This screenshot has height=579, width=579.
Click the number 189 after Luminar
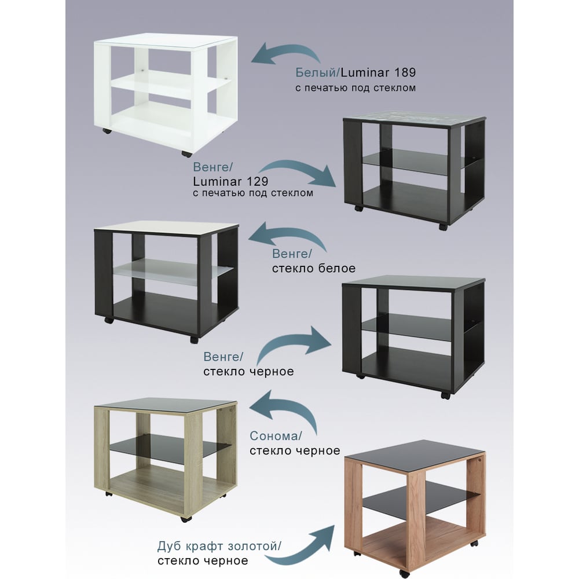405,72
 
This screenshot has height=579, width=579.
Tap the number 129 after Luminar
257,181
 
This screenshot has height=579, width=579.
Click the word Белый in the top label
317,72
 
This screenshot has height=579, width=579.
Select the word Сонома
274,436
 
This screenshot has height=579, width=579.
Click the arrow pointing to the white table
285,53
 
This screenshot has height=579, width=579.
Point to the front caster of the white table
186,153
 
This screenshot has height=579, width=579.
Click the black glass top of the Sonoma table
166,405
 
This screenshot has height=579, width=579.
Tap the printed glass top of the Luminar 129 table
415,119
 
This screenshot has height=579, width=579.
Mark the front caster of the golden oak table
404,573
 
